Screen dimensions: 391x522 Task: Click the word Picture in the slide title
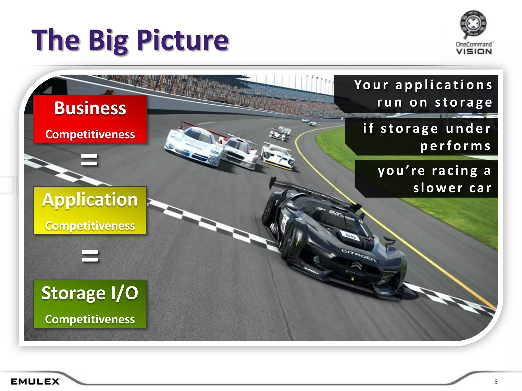click(182, 40)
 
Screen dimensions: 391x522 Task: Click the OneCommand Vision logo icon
click(473, 23)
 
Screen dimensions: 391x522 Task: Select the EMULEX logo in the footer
click(35, 381)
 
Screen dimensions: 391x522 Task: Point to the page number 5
click(496, 382)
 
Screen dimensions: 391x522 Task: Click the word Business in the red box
click(90, 108)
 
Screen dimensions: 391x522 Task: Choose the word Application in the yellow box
click(90, 200)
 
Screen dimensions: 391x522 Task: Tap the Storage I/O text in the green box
click(90, 293)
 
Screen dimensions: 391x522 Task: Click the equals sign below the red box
click(89, 160)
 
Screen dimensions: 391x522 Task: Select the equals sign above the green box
click(90, 256)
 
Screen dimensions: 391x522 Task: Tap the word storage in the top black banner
click(463, 103)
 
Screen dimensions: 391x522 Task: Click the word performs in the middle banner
click(455, 146)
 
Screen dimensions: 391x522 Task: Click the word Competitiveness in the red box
click(90, 134)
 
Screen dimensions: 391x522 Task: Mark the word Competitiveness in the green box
click(90, 319)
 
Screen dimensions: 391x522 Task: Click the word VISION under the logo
click(474, 52)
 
